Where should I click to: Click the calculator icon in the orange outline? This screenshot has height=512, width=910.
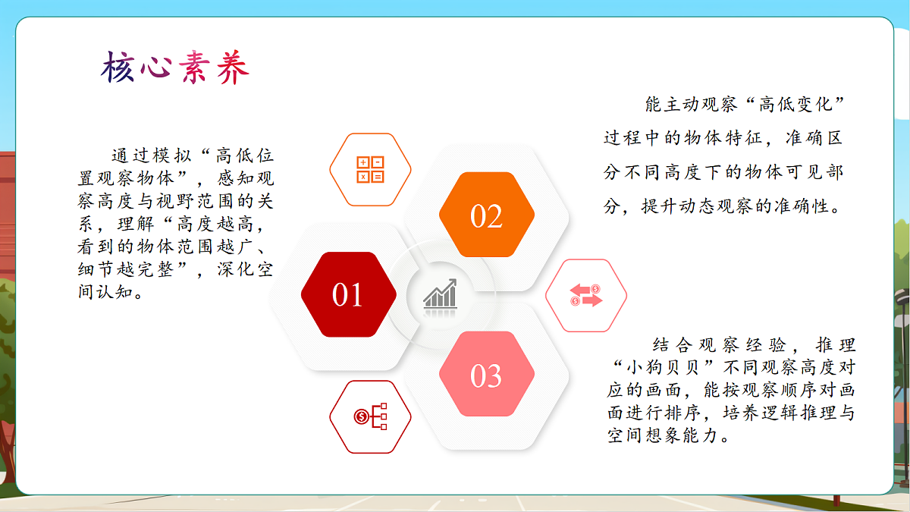tap(370, 170)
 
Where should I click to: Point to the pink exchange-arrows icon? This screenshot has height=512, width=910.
tap(585, 296)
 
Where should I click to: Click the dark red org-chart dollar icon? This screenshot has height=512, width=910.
tap(370, 416)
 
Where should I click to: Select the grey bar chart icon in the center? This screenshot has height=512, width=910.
tap(440, 294)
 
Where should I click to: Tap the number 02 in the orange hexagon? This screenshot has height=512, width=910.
tap(486, 217)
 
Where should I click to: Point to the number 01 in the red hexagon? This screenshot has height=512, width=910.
tap(348, 295)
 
